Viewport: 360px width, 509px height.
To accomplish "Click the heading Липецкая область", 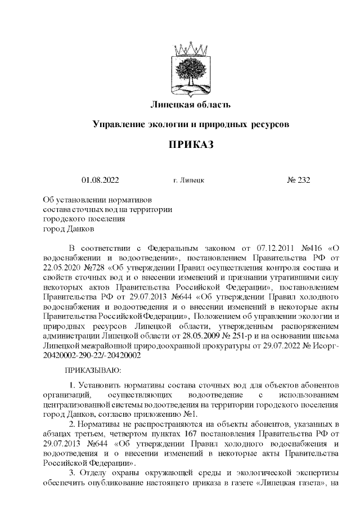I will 191,104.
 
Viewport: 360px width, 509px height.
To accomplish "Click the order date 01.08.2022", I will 100,181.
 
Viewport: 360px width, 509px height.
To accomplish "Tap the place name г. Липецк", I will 189,181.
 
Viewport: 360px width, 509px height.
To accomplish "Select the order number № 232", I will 298,181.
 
